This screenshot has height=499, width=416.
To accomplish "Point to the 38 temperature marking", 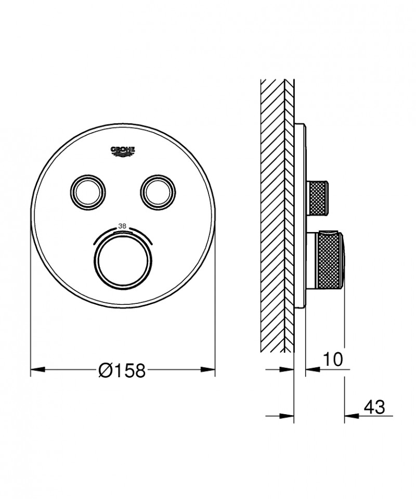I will coord(123,226).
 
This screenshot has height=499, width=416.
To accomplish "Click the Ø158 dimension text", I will coord(122,370).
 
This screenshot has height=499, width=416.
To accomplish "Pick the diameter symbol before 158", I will coord(105,370).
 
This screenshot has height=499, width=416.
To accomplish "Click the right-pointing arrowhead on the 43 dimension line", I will coord(288,416).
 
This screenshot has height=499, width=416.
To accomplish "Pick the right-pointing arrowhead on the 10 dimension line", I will coord(288,370).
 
